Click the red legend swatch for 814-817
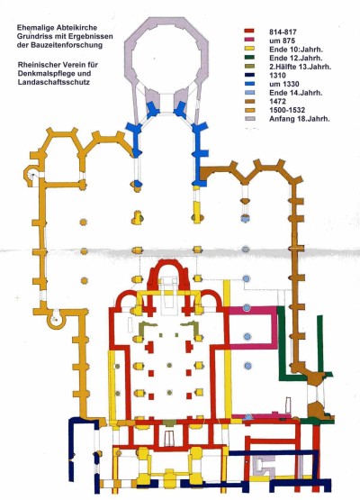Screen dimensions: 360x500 point(248,32)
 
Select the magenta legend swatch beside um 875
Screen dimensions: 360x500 point(248,40)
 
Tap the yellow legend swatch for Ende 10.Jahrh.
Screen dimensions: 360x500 point(248,49)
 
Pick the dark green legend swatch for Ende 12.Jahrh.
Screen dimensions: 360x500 point(248,58)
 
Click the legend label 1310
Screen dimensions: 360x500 point(277,76)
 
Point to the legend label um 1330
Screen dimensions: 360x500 point(284,84)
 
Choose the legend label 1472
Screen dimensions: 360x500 point(277,102)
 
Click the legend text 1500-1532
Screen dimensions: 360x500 point(287,110)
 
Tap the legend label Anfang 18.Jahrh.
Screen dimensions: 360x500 point(300,119)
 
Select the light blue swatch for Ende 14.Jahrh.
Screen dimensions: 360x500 point(248,93)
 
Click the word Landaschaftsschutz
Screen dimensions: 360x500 point(53,82)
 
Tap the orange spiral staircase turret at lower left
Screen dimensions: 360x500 point(56,319)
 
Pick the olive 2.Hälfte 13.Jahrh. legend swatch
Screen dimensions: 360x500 point(248,67)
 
